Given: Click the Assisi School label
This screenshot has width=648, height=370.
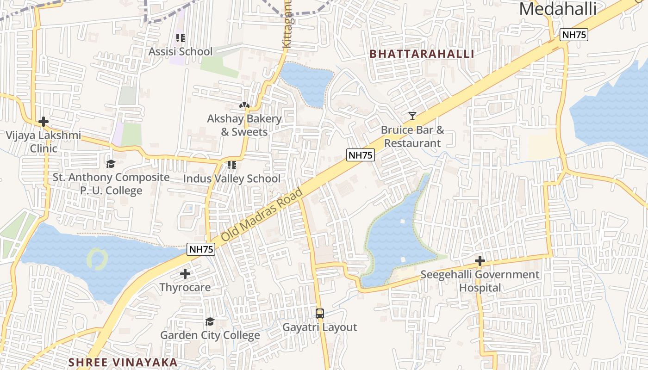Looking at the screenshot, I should (x=180, y=51).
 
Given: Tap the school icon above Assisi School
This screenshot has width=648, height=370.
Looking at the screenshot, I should (x=180, y=37).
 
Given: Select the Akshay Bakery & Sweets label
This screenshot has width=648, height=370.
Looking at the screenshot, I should (x=244, y=125).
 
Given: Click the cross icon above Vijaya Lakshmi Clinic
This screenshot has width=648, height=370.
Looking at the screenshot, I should (x=44, y=122).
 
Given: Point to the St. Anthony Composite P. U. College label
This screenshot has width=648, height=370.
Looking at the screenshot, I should (x=111, y=184).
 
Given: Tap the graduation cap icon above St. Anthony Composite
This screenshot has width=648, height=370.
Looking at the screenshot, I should (x=111, y=164).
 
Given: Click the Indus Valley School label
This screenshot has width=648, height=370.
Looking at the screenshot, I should (x=231, y=179).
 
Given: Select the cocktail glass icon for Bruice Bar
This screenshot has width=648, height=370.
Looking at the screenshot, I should (x=412, y=116).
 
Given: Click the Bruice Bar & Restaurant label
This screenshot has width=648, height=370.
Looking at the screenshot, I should (x=412, y=136).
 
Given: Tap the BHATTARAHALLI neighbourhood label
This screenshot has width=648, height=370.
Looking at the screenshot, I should (x=422, y=54).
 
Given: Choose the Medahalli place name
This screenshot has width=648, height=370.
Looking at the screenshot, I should (x=558, y=9).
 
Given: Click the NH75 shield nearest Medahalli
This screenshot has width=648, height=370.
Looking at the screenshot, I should (x=573, y=35).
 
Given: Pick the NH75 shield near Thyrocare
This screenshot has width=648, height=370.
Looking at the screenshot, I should (x=201, y=249).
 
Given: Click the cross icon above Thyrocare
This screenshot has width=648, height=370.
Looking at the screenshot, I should (x=185, y=274).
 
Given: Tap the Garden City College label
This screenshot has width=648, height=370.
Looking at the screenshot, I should (x=210, y=335).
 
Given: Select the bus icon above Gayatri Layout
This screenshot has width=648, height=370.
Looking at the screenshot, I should (x=319, y=313).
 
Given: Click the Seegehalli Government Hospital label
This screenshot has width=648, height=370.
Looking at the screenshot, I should (x=480, y=281).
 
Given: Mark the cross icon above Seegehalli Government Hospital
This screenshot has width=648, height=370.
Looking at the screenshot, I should (x=480, y=261).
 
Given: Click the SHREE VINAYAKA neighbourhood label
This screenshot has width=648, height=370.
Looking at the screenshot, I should (x=123, y=362).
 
